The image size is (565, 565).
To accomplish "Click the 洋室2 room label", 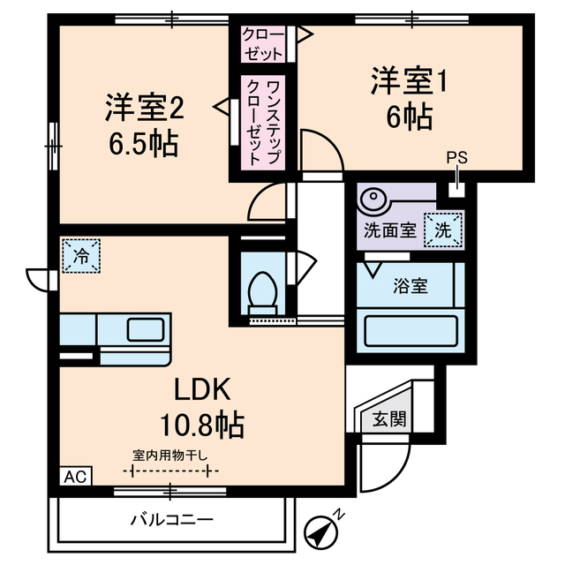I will click(144, 109).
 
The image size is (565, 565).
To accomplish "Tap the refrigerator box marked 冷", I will click(81, 257).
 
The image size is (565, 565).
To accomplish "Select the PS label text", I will click(456, 159).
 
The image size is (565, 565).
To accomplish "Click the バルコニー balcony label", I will click(173, 518).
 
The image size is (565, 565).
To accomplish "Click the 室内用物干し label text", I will click(170, 456).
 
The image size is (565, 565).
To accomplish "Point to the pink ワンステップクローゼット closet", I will click(263, 122).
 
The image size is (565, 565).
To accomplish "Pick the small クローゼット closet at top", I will click(264, 43).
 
